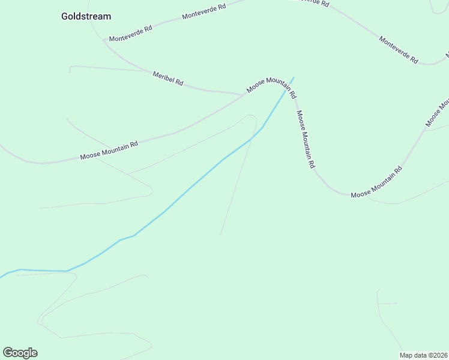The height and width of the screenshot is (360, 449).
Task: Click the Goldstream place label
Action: [86, 16]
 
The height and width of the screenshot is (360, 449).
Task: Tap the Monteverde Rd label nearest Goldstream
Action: [130, 32]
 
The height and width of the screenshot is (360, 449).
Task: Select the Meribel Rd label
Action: [168, 78]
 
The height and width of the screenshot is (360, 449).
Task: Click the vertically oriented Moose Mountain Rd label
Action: [306, 139]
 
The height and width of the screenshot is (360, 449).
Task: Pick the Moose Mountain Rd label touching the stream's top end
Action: [271, 88]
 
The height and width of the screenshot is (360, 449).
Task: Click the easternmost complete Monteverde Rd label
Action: [398, 49]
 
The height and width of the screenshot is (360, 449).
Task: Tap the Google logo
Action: [20, 353]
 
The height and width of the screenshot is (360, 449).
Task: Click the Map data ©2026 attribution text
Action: [423, 355]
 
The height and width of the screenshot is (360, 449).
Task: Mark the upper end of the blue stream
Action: [294, 77]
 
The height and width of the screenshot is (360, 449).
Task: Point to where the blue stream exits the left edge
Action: [1, 277]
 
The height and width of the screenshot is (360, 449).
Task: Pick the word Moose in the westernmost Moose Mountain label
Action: [89, 155]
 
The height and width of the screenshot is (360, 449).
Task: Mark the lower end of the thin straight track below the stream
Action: [221, 234]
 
